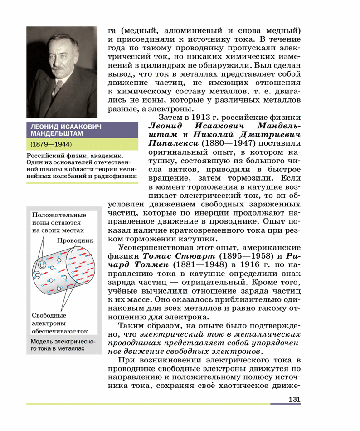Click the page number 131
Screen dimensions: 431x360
[294, 399]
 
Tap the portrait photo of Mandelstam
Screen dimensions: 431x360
[62, 72]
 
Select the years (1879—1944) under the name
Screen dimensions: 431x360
[52, 145]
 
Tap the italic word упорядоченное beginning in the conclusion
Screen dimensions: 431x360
[278, 343]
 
